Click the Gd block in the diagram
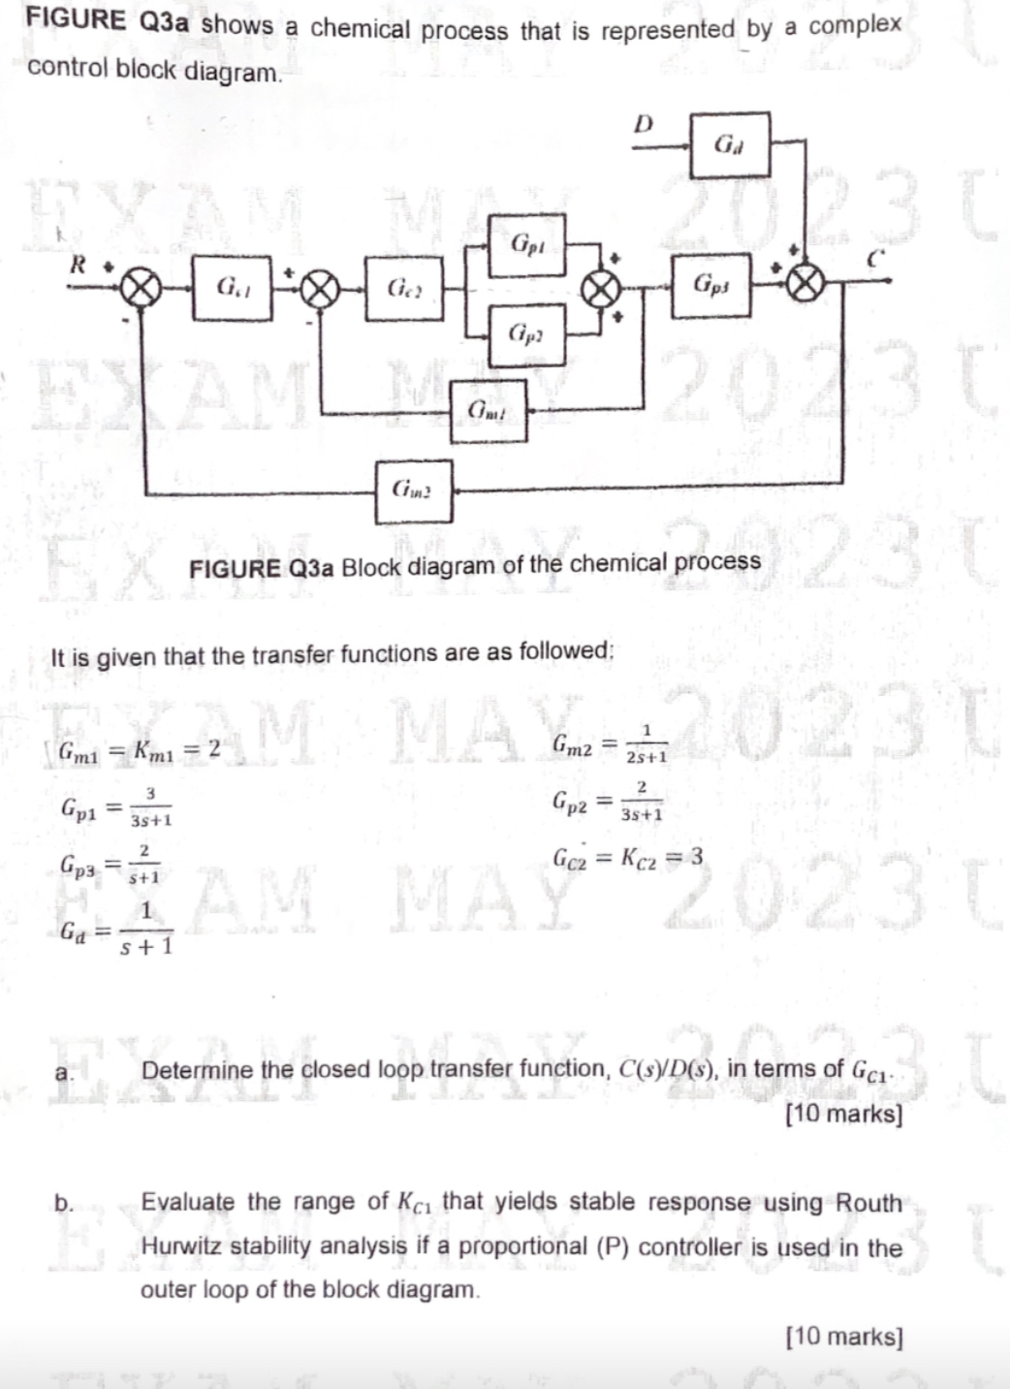[x=729, y=144]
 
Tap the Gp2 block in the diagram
[x=525, y=332]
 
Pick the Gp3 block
[x=710, y=285]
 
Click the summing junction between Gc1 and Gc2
[x=320, y=288]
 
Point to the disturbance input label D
[x=643, y=124]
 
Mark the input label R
[x=79, y=264]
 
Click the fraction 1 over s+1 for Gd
[x=146, y=929]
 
